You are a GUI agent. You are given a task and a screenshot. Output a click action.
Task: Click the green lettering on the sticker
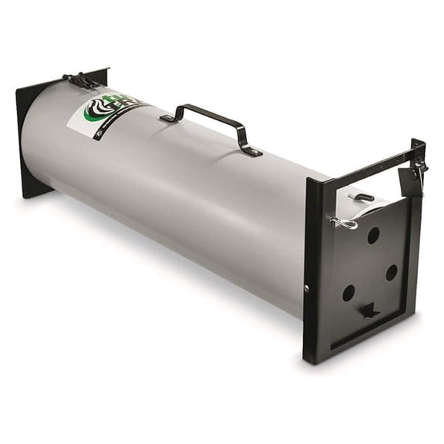[123, 105]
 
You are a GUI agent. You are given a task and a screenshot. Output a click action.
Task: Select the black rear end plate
[31, 139]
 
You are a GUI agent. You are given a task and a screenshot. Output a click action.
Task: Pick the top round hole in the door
[373, 235]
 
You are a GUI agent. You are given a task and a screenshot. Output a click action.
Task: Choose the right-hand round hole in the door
[392, 272]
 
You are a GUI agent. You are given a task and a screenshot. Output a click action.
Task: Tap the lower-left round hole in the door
[348, 292]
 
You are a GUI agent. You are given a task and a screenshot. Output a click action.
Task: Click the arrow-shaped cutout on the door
[369, 310]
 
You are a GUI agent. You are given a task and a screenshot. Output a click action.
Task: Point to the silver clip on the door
[344, 224]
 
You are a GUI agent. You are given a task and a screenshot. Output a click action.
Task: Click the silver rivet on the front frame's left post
[307, 289]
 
